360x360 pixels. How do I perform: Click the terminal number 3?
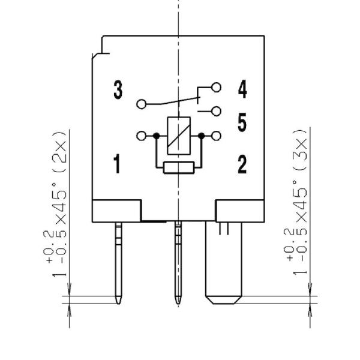(x=118, y=89)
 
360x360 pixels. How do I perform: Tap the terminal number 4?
(x=242, y=89)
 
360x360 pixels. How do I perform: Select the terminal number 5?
(x=242, y=122)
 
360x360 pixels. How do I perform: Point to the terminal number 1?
(x=117, y=164)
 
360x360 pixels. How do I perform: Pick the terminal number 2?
(x=242, y=164)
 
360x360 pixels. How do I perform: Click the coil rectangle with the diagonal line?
(x=179, y=136)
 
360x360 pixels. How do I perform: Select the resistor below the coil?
(x=179, y=167)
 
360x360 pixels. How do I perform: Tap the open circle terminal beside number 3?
(x=141, y=104)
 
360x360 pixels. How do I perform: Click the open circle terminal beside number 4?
(x=216, y=88)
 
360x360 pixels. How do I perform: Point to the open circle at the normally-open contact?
(x=216, y=112)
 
